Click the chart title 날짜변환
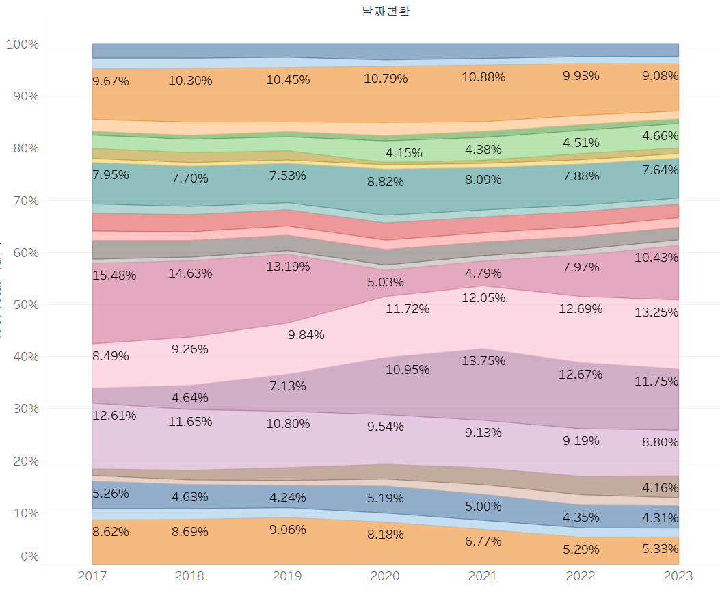[386, 12]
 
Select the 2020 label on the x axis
[385, 576]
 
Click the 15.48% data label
[114, 275]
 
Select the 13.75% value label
[483, 360]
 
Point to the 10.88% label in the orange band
[483, 77]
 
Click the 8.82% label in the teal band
[385, 182]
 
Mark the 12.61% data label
[114, 415]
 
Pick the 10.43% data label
[656, 258]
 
